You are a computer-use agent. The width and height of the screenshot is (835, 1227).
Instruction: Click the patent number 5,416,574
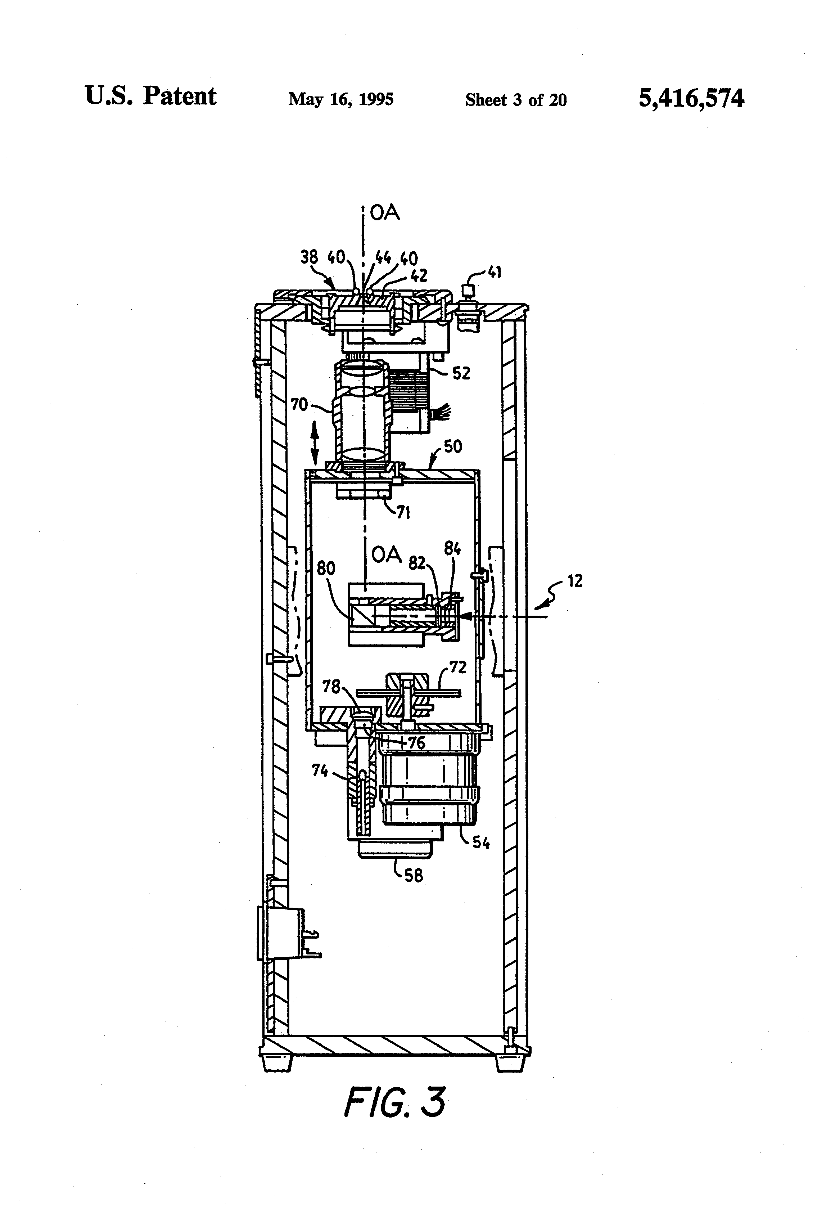click(x=691, y=99)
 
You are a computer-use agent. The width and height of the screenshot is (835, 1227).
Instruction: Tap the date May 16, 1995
click(x=340, y=99)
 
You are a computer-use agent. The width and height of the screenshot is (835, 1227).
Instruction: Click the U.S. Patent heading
click(x=150, y=96)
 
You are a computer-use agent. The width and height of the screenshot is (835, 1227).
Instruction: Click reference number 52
click(x=461, y=373)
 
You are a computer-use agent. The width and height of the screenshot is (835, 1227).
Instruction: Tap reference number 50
click(x=452, y=447)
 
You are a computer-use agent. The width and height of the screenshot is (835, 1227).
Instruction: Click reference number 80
click(x=326, y=568)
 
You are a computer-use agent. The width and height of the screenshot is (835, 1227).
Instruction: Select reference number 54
click(x=480, y=842)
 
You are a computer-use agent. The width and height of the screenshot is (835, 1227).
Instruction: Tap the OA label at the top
click(x=385, y=213)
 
